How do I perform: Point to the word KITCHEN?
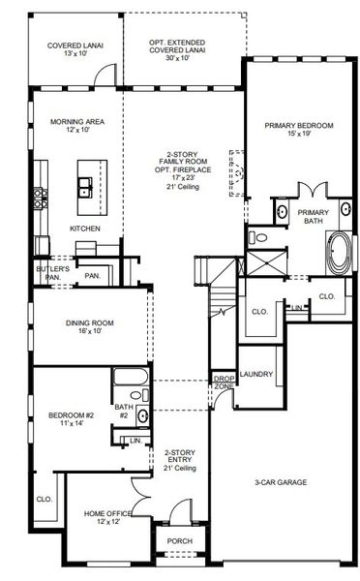tap(85, 229)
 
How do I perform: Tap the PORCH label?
tap(180, 541)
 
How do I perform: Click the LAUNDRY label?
tap(257, 374)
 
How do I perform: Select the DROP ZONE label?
tap(224, 382)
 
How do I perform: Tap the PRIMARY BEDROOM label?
tap(300, 125)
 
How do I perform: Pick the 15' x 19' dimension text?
tap(300, 135)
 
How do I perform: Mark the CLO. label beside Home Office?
tap(44, 500)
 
